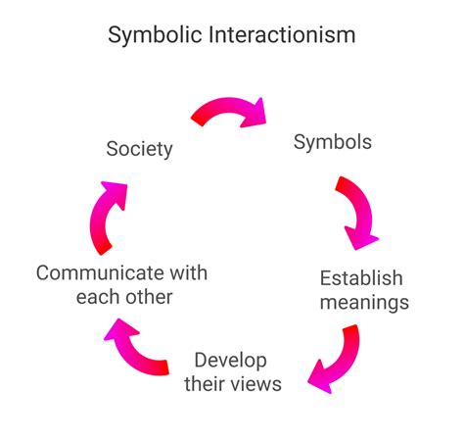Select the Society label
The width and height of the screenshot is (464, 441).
pos(139,149)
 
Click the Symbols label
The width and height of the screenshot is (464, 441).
pos(333,142)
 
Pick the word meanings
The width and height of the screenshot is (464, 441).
pos(363,302)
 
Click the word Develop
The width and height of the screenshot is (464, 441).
pos(230,359)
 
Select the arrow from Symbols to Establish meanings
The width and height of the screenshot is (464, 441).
pos(357,211)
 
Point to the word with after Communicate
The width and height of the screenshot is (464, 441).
pos(187,272)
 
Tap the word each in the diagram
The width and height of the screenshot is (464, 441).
pos(97,297)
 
